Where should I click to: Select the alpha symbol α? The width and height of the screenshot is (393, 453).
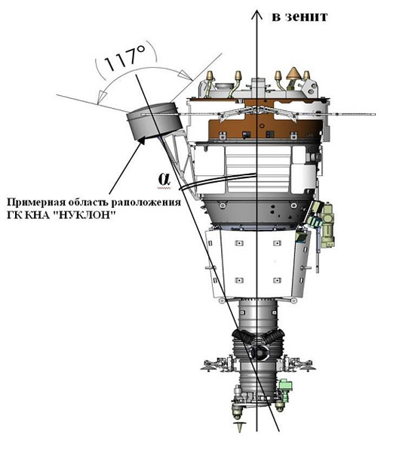click(x=164, y=179)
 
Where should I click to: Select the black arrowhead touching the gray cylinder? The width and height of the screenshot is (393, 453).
click(x=142, y=140)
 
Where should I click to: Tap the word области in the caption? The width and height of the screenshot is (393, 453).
click(x=88, y=202)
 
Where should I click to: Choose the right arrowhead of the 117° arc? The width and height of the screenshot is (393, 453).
click(x=186, y=75)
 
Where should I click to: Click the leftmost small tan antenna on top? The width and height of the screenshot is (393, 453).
click(x=210, y=76)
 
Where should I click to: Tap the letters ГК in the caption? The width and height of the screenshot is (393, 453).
click(x=14, y=215)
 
